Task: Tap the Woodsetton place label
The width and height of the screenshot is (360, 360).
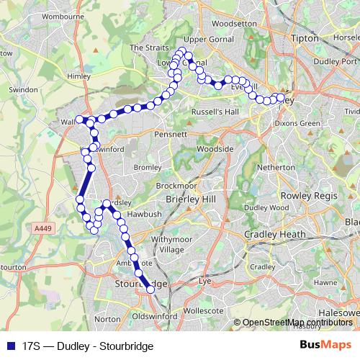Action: pos(233,23)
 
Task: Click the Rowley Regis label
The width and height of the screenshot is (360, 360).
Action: pos(305,197)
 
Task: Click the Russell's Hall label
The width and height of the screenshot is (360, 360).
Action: pos(215,112)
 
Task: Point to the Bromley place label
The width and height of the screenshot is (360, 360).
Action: pos(148,167)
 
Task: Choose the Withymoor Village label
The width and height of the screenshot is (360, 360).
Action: pos(168,243)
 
